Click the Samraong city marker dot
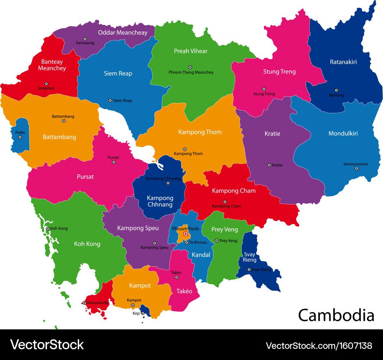85,39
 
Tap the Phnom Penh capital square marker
186,234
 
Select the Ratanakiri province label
343,61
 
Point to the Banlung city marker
336,90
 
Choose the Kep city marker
143,313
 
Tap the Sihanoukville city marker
84,303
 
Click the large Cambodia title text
336,315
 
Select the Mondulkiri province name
343,133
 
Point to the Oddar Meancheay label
123,33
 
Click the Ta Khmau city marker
187,242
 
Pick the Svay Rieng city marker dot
249,270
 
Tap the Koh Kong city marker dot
47,229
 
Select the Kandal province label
201,254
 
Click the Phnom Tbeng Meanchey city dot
190,67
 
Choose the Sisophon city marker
46,83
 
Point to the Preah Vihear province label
190,51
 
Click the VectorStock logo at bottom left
47,345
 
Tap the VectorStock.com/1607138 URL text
319,345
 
